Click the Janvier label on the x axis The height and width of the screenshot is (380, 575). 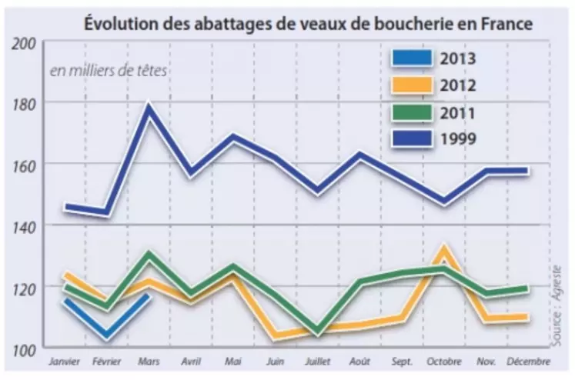coord(65,360)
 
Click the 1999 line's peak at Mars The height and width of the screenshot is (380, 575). coord(147,106)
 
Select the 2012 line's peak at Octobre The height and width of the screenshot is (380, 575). coord(443,248)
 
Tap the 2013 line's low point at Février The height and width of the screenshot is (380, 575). coord(105,336)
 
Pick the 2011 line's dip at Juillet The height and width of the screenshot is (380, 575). coord(316,332)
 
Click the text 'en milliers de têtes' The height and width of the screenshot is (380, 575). coord(109,72)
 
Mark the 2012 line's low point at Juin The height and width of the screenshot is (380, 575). coord(275,336)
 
